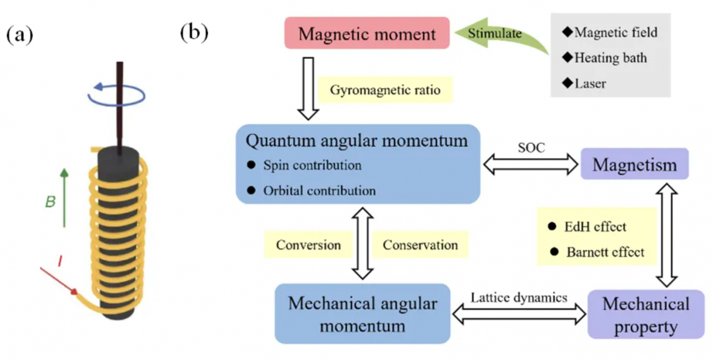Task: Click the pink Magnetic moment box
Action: pos(367,33)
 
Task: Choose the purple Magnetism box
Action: pos(635,163)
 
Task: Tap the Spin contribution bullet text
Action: pos(311,165)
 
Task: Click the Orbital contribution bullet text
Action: pos(319,191)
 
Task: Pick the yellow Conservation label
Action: pos(420,245)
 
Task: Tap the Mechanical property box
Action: pos(646,315)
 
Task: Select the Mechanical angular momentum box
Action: pos(362,314)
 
